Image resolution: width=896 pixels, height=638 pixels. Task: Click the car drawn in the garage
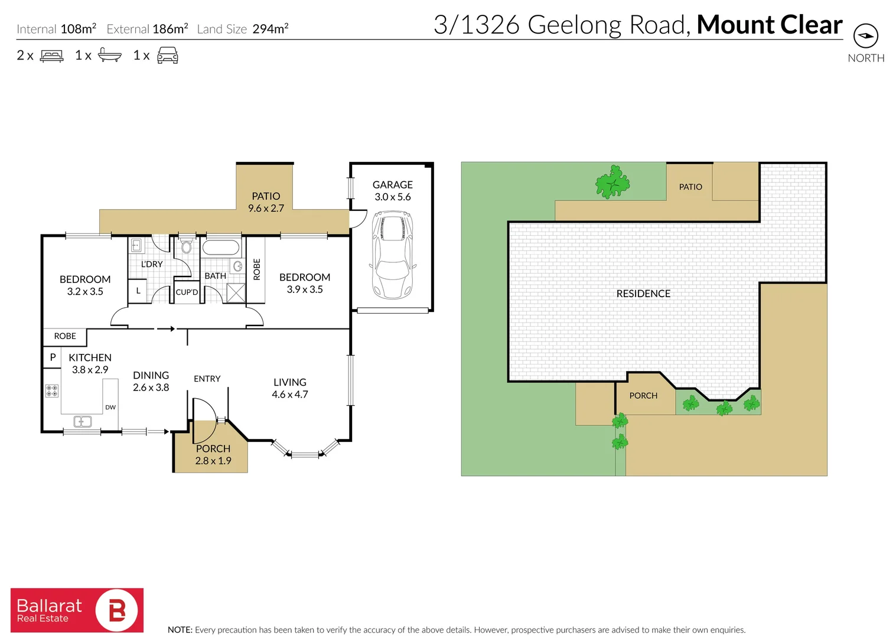tap(392, 255)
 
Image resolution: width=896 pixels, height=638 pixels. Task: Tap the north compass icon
tap(865, 36)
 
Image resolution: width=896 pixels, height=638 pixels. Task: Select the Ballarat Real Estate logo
tap(77, 610)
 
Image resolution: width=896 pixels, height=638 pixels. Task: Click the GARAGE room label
tap(392, 185)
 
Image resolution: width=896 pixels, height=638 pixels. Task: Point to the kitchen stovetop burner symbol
tap(52, 390)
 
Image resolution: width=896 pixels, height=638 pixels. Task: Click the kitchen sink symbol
tap(82, 421)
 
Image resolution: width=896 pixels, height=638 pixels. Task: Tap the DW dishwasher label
tap(110, 407)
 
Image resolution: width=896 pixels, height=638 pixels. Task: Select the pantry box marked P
tap(53, 357)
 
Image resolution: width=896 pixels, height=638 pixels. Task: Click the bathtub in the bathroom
tap(221, 248)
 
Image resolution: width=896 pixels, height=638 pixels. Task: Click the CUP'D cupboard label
tap(187, 292)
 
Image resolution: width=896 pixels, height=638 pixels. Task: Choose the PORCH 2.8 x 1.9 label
tap(213, 455)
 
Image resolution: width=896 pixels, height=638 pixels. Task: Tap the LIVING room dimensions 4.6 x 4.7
tap(290, 395)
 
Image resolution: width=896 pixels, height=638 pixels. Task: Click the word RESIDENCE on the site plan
tap(643, 294)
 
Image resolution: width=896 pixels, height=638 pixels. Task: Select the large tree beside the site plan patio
tap(612, 182)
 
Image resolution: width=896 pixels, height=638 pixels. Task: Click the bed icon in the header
tap(51, 56)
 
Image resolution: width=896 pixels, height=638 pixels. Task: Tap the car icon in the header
tap(168, 56)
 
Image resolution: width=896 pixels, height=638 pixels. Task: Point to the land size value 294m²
tap(270, 28)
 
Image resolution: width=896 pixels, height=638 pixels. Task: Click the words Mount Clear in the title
tap(769, 25)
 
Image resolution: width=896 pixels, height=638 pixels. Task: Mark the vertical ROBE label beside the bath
tap(256, 269)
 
